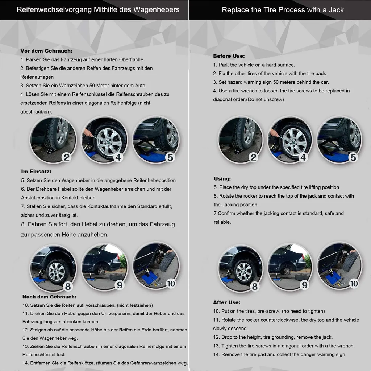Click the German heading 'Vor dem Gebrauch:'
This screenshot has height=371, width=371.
(x=46, y=51)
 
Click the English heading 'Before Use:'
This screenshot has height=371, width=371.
(x=229, y=56)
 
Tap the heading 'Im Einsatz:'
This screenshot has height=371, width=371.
(x=36, y=171)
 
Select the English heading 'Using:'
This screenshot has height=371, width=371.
(x=222, y=179)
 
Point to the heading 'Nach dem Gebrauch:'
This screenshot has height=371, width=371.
(x=49, y=297)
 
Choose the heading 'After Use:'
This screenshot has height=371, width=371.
(x=227, y=302)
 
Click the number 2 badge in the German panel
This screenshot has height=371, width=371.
(x=66, y=157)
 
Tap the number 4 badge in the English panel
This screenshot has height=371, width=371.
(x=303, y=157)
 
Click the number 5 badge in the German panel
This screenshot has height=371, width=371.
(x=170, y=157)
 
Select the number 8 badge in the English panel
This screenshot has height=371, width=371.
(x=255, y=287)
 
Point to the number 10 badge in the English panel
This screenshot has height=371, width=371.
(x=354, y=284)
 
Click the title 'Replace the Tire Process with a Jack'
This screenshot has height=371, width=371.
(x=283, y=10)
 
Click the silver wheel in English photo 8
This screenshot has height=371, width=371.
(x=244, y=270)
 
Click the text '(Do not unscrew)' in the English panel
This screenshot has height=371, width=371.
(x=265, y=99)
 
